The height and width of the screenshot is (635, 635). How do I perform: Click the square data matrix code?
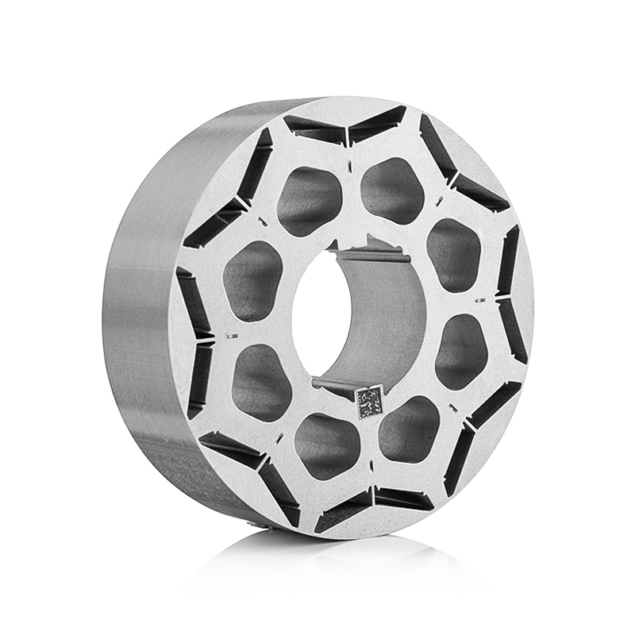click(x=369, y=402)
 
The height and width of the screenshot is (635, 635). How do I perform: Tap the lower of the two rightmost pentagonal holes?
click(x=460, y=350)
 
